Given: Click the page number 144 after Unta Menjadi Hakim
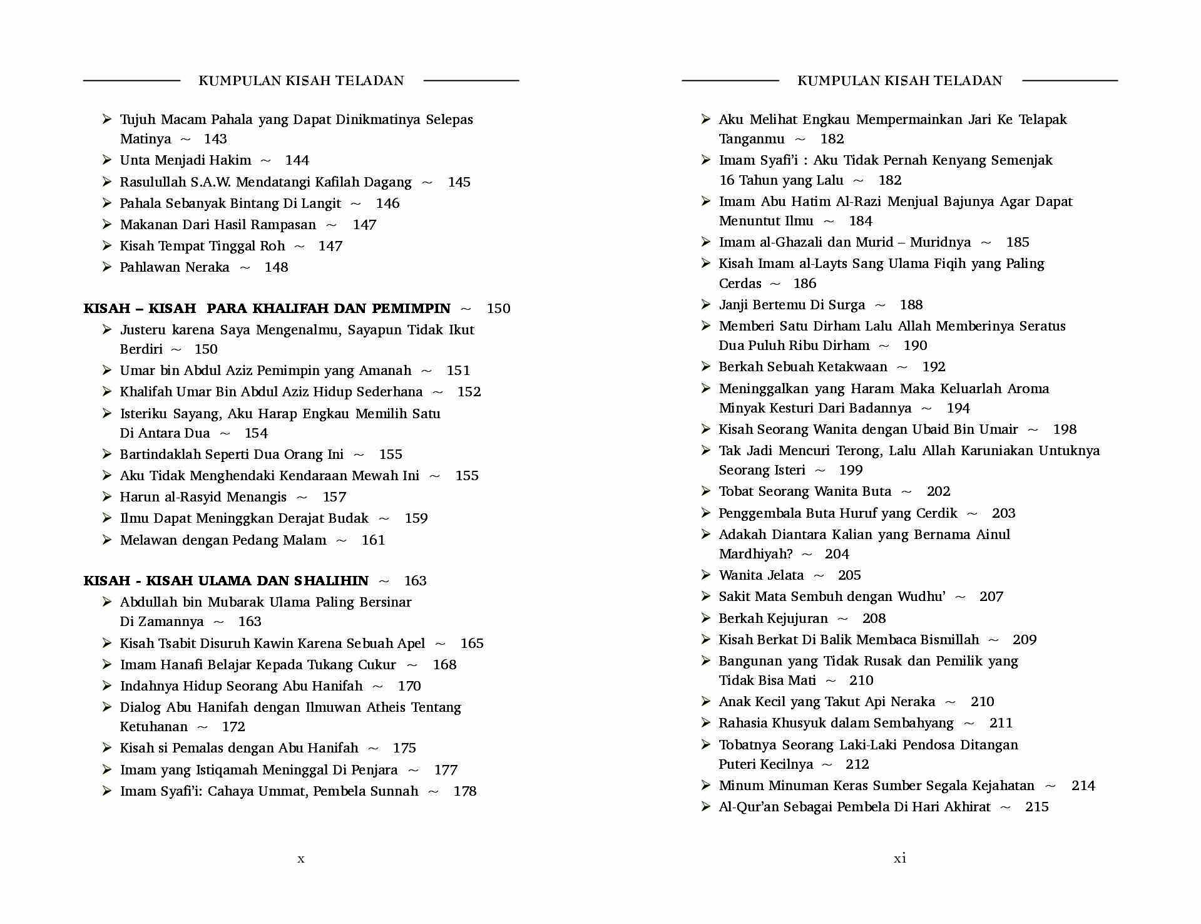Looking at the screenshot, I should (x=297, y=160).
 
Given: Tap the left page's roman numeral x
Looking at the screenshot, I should (x=301, y=859).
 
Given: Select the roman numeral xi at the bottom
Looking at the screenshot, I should (x=899, y=858).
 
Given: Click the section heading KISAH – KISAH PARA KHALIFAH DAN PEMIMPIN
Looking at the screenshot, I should (x=267, y=309).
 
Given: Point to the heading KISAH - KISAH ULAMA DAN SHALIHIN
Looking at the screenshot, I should (x=226, y=581).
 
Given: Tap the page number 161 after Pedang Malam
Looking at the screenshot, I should (x=373, y=540).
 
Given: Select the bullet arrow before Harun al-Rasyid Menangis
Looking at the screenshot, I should (x=107, y=496).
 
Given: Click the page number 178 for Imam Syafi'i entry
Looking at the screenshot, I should (x=465, y=791).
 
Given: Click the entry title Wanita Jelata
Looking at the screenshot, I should (x=761, y=575).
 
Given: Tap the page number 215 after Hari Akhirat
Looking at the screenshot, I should (x=1036, y=807).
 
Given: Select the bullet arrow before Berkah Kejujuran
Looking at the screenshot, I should (x=706, y=618).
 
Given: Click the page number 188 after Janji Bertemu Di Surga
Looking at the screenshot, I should (x=911, y=305).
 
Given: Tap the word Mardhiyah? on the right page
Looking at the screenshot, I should (x=755, y=554).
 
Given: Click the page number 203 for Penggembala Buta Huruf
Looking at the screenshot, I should (x=1003, y=513).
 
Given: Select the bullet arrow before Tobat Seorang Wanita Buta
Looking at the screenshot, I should (x=706, y=491).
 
